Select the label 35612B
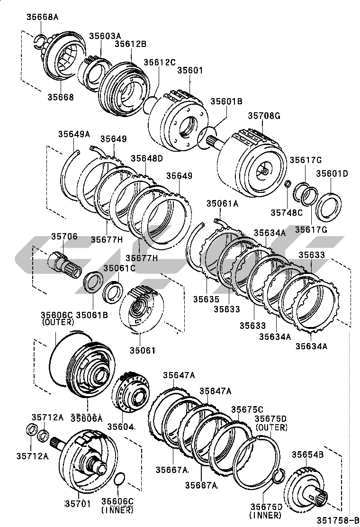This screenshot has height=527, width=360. point(130,44)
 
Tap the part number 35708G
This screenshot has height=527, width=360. point(264,116)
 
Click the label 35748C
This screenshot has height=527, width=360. point(286,213)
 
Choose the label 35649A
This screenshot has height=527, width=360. point(74,134)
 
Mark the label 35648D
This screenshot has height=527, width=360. point(146,158)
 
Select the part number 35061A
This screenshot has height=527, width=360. point(222,204)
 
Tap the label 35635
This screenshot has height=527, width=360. point(206,299)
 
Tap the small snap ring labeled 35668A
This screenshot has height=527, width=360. point(39,40)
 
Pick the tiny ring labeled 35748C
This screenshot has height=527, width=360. point(287,183)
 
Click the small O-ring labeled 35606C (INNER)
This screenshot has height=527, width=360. point(120,480)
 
